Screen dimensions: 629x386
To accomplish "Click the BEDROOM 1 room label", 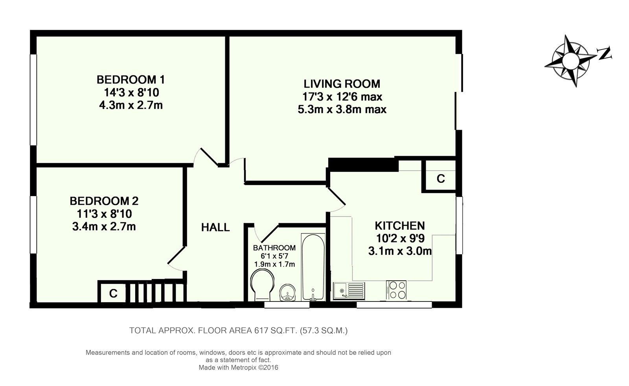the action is tap(131, 80).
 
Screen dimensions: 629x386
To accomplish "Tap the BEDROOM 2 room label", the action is tap(104, 201).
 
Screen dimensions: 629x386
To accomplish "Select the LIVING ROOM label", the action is tap(342, 84).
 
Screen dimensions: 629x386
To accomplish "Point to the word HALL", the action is tap(215, 227).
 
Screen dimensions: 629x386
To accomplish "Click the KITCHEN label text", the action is tap(400, 226).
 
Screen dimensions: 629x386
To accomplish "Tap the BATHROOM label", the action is tap(274, 248).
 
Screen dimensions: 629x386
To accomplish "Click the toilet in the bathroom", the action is tap(262, 284).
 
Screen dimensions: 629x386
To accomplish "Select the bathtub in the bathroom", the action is tap(313, 267).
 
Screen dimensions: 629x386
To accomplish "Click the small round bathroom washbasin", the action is tap(287, 292).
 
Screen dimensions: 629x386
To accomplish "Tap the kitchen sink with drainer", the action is tap(349, 291).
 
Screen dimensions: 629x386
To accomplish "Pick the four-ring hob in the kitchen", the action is tap(396, 290).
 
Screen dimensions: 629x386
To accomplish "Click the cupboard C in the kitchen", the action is tap(441, 178).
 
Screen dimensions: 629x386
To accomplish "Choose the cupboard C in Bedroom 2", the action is tap(113, 293).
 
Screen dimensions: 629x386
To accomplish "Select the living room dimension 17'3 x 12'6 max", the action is tap(342, 97).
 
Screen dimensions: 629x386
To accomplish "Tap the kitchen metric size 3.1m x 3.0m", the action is tap(400, 251).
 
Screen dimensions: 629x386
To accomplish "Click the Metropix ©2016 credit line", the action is tap(238, 368).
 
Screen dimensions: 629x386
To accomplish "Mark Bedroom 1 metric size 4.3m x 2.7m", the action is tap(131, 105).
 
